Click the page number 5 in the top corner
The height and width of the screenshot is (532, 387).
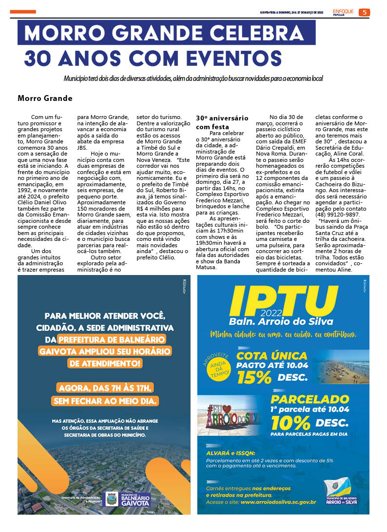pos(364,12)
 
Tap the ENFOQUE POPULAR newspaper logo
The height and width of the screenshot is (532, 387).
pos(343,12)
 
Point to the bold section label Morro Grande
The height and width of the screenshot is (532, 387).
pos(45,99)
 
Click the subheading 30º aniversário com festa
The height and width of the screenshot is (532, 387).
pos(222,122)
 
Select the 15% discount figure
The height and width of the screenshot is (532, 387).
pos(254,377)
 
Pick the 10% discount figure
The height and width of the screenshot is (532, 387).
pos(290,422)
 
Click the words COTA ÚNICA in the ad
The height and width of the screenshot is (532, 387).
pos(271,355)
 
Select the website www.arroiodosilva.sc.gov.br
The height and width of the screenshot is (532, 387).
pos(278,502)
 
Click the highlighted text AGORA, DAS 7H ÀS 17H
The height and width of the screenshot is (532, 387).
pos(106,388)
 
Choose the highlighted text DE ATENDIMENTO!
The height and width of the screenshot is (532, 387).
pos(106,363)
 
